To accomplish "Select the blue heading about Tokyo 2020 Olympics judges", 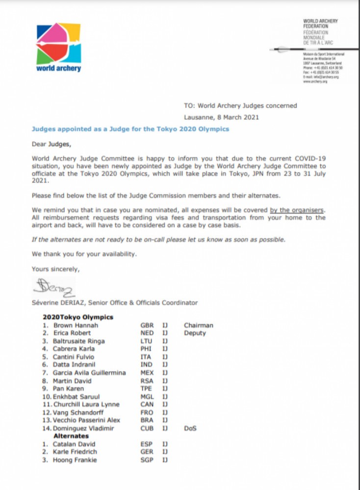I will click(x=130, y=129).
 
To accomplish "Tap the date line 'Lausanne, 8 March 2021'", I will click(x=221, y=117).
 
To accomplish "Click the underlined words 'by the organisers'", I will click(x=297, y=210).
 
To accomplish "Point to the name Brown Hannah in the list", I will click(x=76, y=325).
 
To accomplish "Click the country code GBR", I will click(x=147, y=325).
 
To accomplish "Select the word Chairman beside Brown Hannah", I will click(x=199, y=325).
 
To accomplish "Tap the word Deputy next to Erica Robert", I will click(x=195, y=333).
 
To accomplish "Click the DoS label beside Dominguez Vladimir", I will click(x=190, y=428).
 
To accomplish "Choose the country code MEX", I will click(x=147, y=373).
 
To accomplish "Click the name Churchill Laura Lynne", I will click(x=86, y=404).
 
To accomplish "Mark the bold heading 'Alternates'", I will click(x=71, y=436).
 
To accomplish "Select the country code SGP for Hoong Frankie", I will click(x=147, y=460).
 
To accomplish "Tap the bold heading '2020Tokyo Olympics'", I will click(x=78, y=317).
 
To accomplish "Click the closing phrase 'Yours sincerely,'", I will click(x=55, y=269).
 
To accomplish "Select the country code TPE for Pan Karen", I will click(x=146, y=389).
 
